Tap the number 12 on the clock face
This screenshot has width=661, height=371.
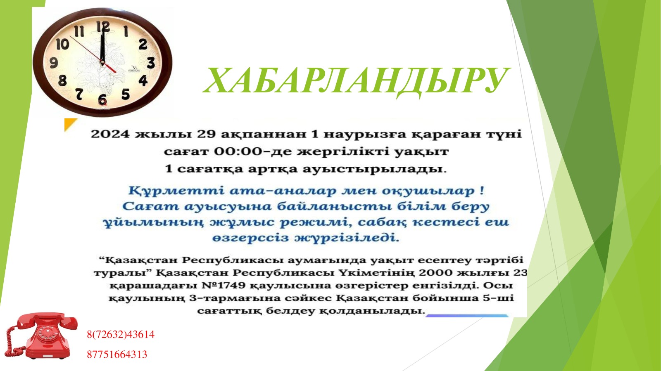(103, 27)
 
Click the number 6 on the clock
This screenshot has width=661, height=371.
(102, 99)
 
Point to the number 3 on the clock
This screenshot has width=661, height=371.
(151, 63)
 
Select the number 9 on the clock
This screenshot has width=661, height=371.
(54, 63)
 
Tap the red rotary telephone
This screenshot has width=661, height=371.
(41, 336)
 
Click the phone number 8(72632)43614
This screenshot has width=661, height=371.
(121, 334)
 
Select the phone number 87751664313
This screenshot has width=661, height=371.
(117, 354)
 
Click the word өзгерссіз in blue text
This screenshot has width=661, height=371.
(250, 238)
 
